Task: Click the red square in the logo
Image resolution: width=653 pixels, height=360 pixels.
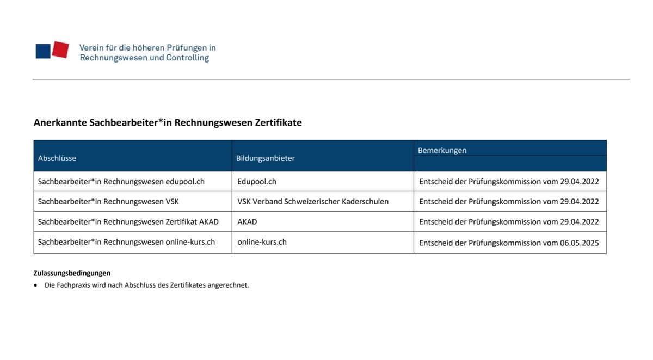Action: [60, 49]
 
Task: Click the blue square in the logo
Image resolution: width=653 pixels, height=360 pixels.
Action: [43, 51]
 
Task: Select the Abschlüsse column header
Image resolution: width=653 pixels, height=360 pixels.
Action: [57, 158]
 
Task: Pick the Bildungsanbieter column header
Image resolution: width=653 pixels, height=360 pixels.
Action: [266, 158]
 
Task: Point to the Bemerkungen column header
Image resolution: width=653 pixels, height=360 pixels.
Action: [442, 151]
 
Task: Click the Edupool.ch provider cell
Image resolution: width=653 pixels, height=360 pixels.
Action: [257, 182]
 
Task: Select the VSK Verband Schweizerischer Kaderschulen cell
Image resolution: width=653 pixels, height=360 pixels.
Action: [313, 202]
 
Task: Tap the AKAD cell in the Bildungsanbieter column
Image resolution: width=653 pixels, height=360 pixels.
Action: [247, 222]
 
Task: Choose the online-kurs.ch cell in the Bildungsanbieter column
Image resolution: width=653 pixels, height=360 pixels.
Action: [262, 242]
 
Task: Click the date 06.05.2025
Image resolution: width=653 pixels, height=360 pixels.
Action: [580, 243]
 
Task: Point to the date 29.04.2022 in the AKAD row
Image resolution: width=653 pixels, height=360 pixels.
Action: [580, 222]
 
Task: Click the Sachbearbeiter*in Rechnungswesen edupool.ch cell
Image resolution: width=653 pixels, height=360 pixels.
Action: [121, 182]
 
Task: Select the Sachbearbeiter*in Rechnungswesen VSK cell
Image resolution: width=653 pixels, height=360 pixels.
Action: [108, 202]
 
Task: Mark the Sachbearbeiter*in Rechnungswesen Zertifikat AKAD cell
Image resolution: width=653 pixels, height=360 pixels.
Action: [128, 222]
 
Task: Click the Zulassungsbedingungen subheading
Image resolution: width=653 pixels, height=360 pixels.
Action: [72, 273]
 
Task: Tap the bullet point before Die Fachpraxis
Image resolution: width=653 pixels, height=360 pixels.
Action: [36, 285]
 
